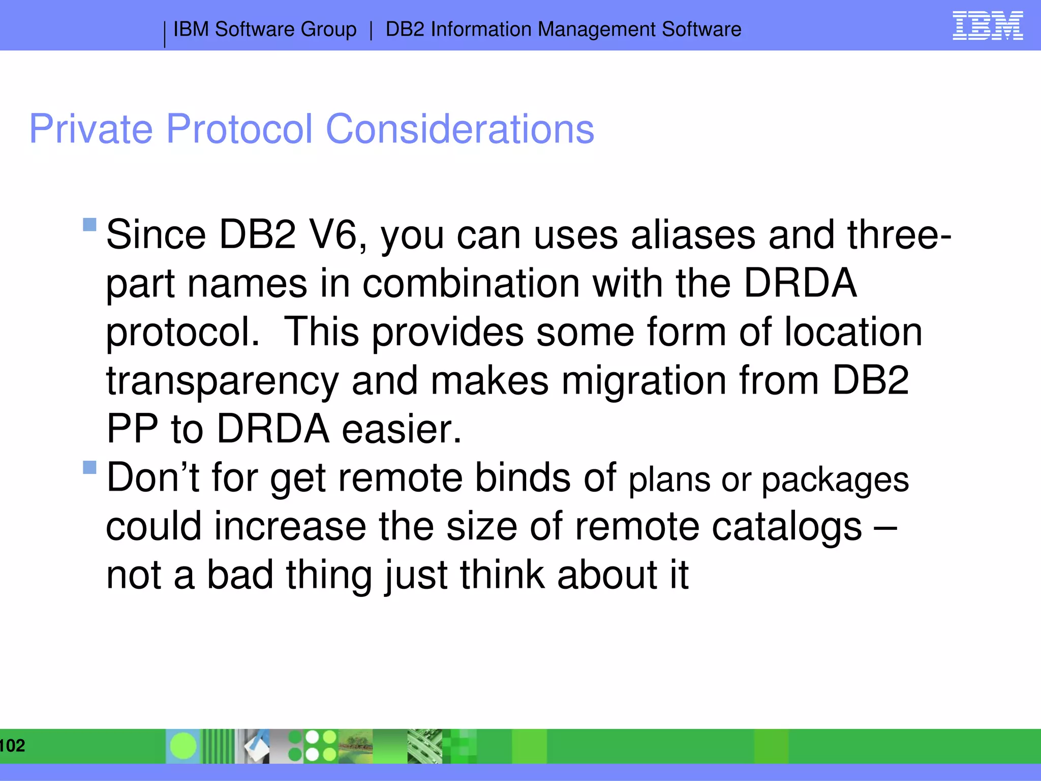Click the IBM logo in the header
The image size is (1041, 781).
tap(987, 26)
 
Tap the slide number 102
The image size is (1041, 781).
tap(12, 746)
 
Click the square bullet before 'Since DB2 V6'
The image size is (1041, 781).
tap(89, 225)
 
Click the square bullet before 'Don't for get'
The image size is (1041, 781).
tap(89, 467)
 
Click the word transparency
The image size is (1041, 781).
tap(222, 381)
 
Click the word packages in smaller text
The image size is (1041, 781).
tap(835, 480)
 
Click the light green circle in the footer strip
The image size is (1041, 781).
tap(183, 746)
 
